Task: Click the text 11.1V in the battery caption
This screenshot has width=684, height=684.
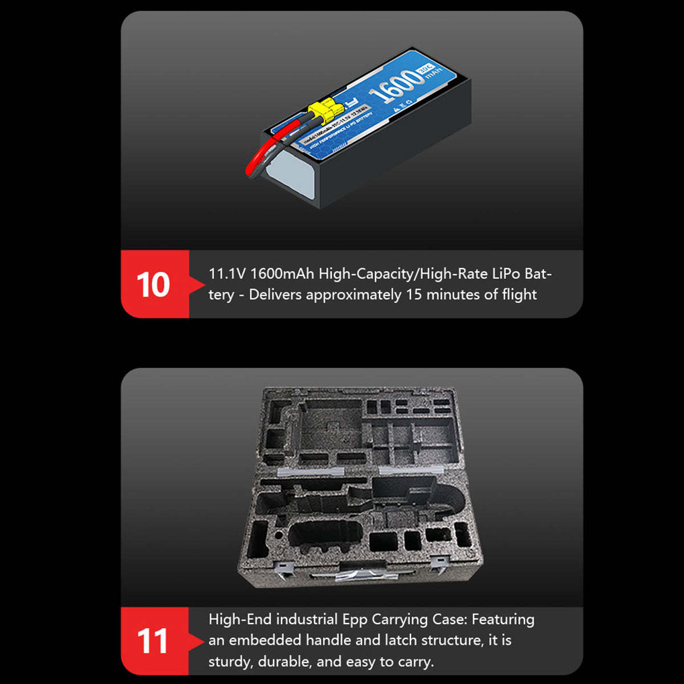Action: [227, 274]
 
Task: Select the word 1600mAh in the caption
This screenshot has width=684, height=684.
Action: [282, 274]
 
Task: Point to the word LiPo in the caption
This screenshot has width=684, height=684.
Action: [506, 274]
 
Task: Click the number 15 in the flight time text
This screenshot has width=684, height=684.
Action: [414, 295]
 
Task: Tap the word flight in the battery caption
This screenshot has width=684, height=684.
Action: [519, 295]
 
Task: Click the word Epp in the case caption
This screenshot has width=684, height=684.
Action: [355, 619]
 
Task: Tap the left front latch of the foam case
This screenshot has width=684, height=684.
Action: [283, 567]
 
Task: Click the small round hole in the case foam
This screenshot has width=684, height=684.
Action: [278, 536]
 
